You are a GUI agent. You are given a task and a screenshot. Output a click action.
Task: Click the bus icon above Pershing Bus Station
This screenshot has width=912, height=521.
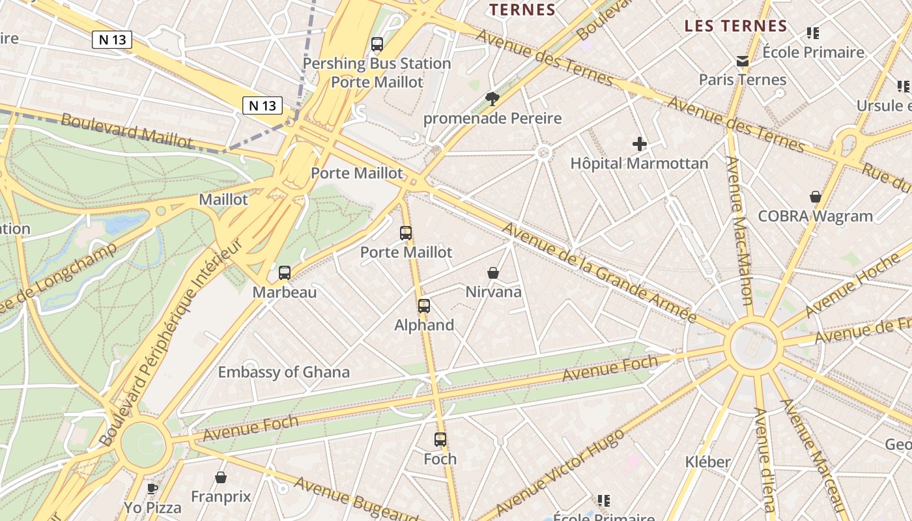[377, 44]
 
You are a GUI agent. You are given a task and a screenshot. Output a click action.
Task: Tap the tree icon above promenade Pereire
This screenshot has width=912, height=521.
[492, 99]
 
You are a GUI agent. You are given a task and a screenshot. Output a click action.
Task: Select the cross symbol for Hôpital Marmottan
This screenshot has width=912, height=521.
[640, 144]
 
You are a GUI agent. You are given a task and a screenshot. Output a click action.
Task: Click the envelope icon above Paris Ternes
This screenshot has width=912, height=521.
[743, 61]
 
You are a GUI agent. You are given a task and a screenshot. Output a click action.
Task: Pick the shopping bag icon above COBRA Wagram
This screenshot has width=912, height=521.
[815, 197]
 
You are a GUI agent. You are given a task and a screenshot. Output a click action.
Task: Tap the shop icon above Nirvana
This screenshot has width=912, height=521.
[493, 273]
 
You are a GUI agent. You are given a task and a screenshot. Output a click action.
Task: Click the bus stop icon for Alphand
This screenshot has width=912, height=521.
[424, 305]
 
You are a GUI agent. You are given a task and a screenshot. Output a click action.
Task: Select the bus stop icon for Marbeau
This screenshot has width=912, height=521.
[285, 273]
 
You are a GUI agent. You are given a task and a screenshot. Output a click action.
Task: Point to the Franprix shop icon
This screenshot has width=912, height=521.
[221, 477]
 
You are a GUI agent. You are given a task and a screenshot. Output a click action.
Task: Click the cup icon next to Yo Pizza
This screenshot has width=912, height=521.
[152, 488]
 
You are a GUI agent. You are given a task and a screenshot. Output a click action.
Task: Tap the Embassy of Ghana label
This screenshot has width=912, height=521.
[283, 373]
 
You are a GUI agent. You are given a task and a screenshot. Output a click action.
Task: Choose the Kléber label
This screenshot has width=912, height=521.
[707, 462]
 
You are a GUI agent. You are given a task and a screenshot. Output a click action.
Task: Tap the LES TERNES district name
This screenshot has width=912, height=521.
[736, 27]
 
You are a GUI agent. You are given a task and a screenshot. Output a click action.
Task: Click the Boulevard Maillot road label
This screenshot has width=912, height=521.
[127, 130]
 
